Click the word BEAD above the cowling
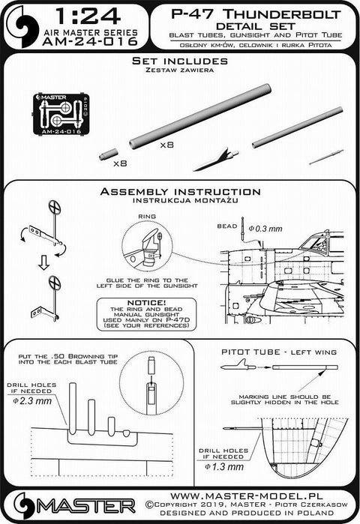pyautogui.click(x=227, y=221)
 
